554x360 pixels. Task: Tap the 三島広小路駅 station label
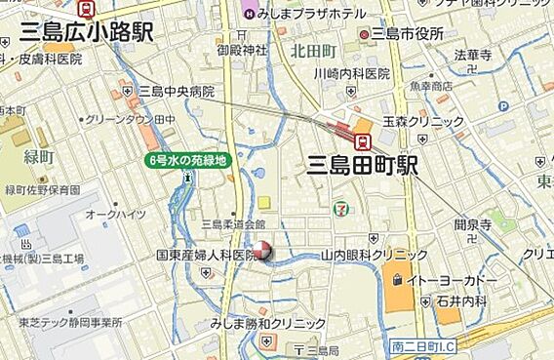[x=86, y=33]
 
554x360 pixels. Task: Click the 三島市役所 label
[x=408, y=33]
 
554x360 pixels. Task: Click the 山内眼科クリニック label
[x=375, y=255]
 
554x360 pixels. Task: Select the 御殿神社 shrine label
[x=242, y=50]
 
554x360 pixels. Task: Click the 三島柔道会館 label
[x=232, y=223]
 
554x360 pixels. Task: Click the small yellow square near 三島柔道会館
[x=263, y=203]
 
